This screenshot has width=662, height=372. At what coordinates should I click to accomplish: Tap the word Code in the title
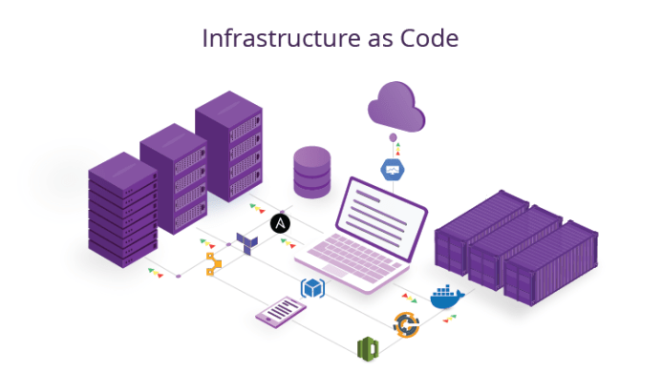[430, 38]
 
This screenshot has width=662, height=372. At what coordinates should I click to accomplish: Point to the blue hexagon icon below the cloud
[392, 170]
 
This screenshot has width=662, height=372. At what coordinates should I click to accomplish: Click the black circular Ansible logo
[281, 223]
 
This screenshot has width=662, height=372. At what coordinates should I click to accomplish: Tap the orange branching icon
[214, 263]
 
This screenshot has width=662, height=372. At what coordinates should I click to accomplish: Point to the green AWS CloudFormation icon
[366, 348]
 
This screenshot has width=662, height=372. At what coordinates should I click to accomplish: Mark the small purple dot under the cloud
[391, 140]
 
